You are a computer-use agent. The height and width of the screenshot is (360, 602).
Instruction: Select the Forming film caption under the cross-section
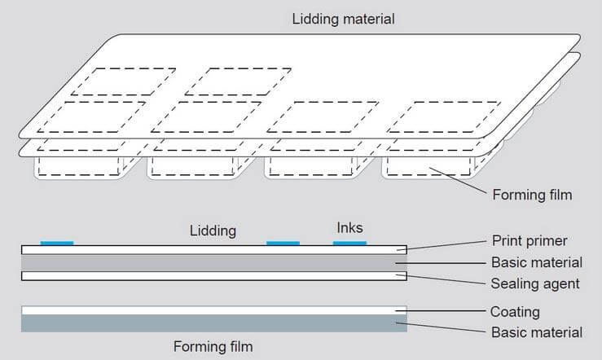213,346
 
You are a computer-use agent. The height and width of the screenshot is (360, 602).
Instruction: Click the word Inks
349,227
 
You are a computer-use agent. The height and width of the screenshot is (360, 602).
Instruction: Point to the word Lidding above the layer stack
212,230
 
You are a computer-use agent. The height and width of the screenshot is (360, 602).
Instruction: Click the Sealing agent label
535,283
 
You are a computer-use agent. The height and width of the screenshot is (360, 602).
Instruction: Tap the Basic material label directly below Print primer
537,262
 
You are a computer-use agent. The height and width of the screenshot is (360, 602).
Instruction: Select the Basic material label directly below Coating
537,332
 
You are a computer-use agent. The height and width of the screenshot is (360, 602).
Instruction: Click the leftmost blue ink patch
57,242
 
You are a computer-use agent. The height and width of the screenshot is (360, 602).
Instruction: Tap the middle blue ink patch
283,242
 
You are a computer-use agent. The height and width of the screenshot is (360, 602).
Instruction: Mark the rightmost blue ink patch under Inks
350,242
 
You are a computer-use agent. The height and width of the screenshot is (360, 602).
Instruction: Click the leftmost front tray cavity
77,166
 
